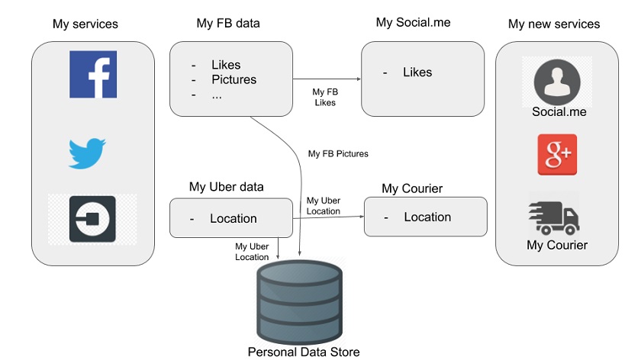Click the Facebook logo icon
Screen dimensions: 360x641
pos(93,75)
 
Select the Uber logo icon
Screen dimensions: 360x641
pos(92,220)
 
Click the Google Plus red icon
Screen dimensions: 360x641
pos(557,156)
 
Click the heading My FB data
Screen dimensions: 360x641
pos(228,23)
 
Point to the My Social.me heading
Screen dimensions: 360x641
pos(413,22)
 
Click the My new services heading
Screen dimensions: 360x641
pos(554,24)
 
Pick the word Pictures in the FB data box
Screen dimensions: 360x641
pos(234,79)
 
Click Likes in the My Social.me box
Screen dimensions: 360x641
pos(417,72)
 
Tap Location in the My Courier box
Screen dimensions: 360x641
pos(427,217)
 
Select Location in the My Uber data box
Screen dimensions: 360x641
pos(234,218)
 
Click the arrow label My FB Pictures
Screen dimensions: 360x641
pos(338,154)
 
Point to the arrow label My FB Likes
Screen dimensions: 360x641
pos(325,96)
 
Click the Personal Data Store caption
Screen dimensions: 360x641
pos(303,352)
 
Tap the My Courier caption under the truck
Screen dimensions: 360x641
pos(557,245)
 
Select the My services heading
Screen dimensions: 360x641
pos(85,24)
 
